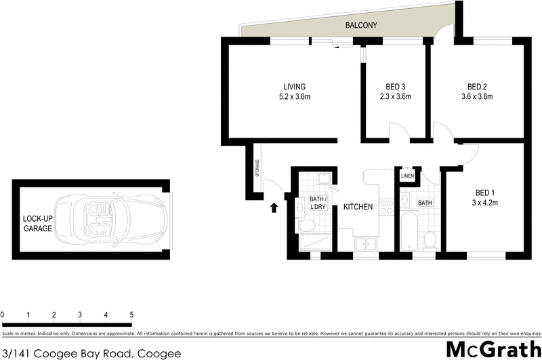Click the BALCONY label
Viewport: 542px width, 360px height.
click(360, 25)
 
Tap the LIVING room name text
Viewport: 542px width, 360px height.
click(294, 86)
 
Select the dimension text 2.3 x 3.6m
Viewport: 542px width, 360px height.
click(396, 97)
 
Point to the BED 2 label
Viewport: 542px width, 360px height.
click(477, 86)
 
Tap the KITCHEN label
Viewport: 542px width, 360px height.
click(358, 207)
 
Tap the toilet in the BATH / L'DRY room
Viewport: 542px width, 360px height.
click(306, 225)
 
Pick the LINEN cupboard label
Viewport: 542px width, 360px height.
click(407, 176)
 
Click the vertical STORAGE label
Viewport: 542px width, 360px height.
click(257, 168)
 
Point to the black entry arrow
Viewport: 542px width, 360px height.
click(274, 207)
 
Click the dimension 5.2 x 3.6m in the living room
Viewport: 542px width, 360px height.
click(294, 97)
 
